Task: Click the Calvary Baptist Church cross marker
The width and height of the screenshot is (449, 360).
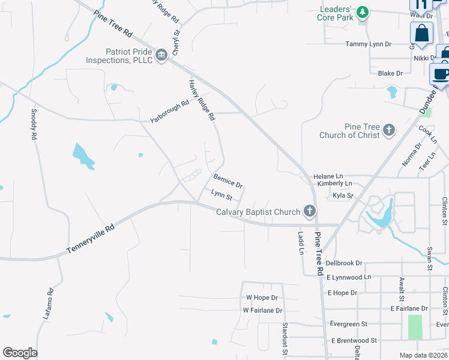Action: (310, 211)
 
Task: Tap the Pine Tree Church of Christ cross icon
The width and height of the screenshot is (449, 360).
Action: (389, 129)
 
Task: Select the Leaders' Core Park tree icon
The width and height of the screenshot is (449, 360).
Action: (362, 12)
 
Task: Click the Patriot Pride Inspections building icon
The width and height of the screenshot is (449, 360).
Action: (161, 56)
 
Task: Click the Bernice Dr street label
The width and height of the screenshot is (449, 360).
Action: (228, 181)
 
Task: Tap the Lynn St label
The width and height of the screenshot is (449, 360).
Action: (221, 194)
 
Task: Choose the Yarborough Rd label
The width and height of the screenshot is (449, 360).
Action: (170, 111)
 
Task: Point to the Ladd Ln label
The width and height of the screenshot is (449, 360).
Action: (301, 242)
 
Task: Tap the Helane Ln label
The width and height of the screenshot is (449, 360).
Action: (327, 176)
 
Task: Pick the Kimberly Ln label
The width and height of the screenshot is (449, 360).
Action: (334, 184)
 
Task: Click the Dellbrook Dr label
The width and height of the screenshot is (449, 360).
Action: (344, 263)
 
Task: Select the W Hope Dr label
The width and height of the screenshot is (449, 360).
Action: (262, 298)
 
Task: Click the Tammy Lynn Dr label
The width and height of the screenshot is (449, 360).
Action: (369, 44)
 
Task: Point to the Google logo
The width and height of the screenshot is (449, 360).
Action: (20, 353)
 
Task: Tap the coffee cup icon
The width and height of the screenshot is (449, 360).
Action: (441, 74)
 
